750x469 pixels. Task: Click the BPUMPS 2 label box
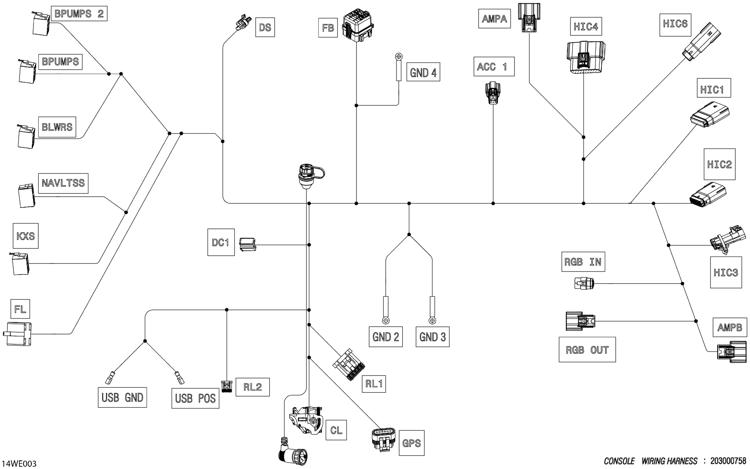tap(79, 14)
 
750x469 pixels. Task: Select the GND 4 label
tap(423, 73)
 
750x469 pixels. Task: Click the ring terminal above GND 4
tap(399, 57)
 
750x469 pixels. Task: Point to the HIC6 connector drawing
tap(701, 42)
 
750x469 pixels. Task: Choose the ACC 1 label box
tap(493, 66)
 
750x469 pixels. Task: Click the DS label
tap(265, 27)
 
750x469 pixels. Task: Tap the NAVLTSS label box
tap(63, 183)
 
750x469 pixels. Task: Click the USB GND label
tap(122, 397)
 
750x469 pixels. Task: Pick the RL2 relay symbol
tap(227, 387)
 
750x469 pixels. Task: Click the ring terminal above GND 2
tap(386, 320)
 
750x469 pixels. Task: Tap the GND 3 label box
tap(432, 337)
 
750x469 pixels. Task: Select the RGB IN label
tap(583, 262)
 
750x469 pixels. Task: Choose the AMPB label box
tap(730, 327)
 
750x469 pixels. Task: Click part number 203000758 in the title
tap(728, 461)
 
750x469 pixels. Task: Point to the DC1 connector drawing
tap(247, 244)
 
